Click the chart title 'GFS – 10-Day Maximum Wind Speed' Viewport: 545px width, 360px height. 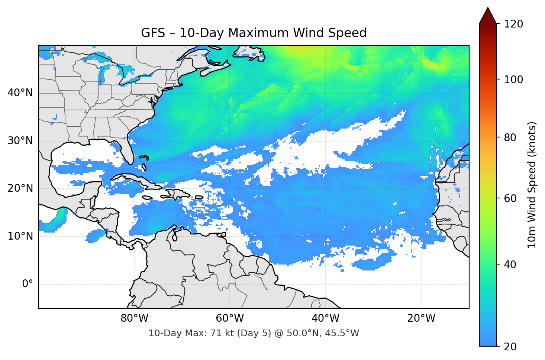click(254, 33)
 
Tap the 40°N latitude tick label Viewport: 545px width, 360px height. click(20, 93)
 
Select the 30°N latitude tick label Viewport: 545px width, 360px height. click(20, 141)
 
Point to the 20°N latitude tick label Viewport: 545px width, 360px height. click(20, 188)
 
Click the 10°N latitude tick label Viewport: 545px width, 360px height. click(20, 236)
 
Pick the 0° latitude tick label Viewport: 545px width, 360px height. click(28, 284)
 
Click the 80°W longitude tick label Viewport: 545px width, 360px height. click(134, 318)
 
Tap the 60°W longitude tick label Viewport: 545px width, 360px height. click(230, 318)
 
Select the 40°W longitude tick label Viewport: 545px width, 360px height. click(325, 318)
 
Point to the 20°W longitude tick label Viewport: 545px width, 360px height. click(421, 318)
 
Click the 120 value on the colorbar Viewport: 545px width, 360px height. click(513, 24)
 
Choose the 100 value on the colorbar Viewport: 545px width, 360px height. click(513, 80)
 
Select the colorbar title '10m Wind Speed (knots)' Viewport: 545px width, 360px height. click(532, 185)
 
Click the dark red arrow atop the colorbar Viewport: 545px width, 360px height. click(488, 16)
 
